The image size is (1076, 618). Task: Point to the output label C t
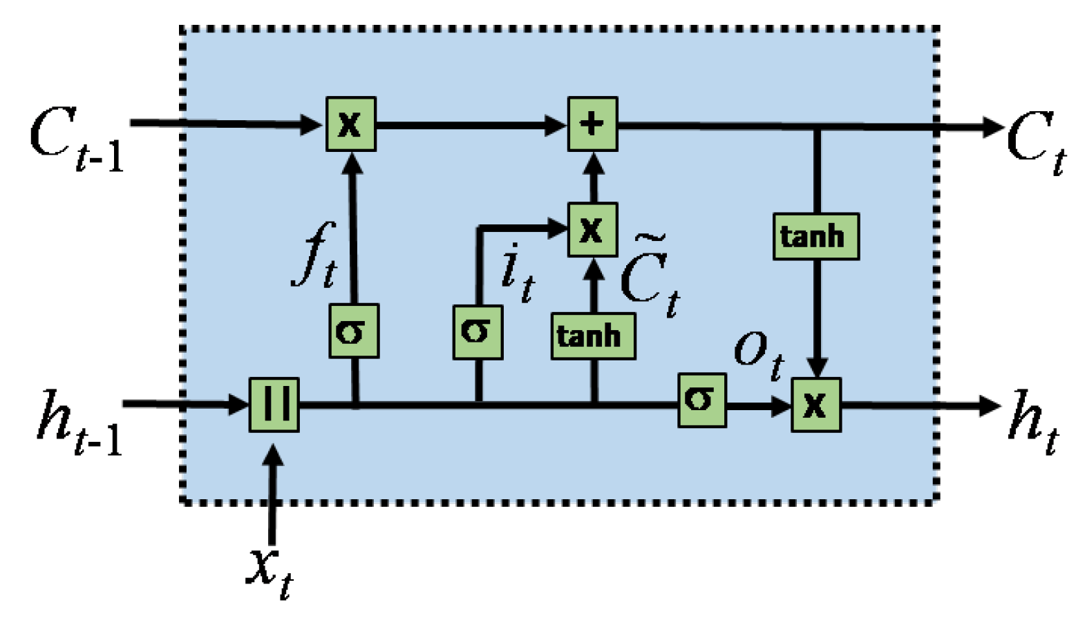(1035, 142)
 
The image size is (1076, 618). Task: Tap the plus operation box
(592, 124)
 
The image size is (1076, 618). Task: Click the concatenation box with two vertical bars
(274, 405)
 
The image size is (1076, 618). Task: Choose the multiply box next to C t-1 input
(351, 124)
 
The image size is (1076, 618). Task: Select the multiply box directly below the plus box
(592, 230)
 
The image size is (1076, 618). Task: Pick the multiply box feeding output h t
(816, 405)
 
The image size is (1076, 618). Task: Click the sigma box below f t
(354, 331)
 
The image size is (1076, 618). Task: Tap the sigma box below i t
(478, 332)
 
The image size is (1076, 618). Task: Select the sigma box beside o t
(701, 400)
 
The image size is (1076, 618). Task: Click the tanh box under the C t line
(815, 236)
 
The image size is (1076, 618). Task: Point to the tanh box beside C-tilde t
(592, 336)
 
